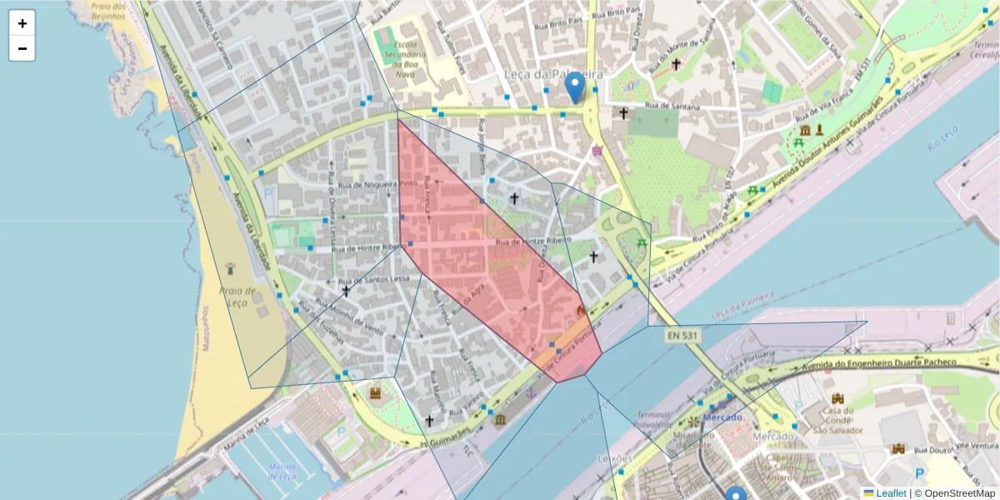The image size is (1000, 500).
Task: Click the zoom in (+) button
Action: tap(22, 23)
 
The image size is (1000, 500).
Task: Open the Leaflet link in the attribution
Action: tap(891, 493)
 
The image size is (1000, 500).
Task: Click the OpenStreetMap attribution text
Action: tap(955, 493)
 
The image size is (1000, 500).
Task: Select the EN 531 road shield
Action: tap(681, 335)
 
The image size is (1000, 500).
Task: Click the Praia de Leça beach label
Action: tap(237, 297)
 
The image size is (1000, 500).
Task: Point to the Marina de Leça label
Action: tap(283, 471)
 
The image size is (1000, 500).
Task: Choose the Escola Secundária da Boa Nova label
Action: tap(406, 58)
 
